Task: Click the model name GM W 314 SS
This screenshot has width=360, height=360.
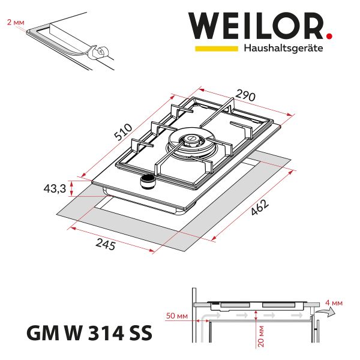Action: [x=89, y=331]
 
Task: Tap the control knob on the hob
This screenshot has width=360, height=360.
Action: [x=147, y=181]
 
